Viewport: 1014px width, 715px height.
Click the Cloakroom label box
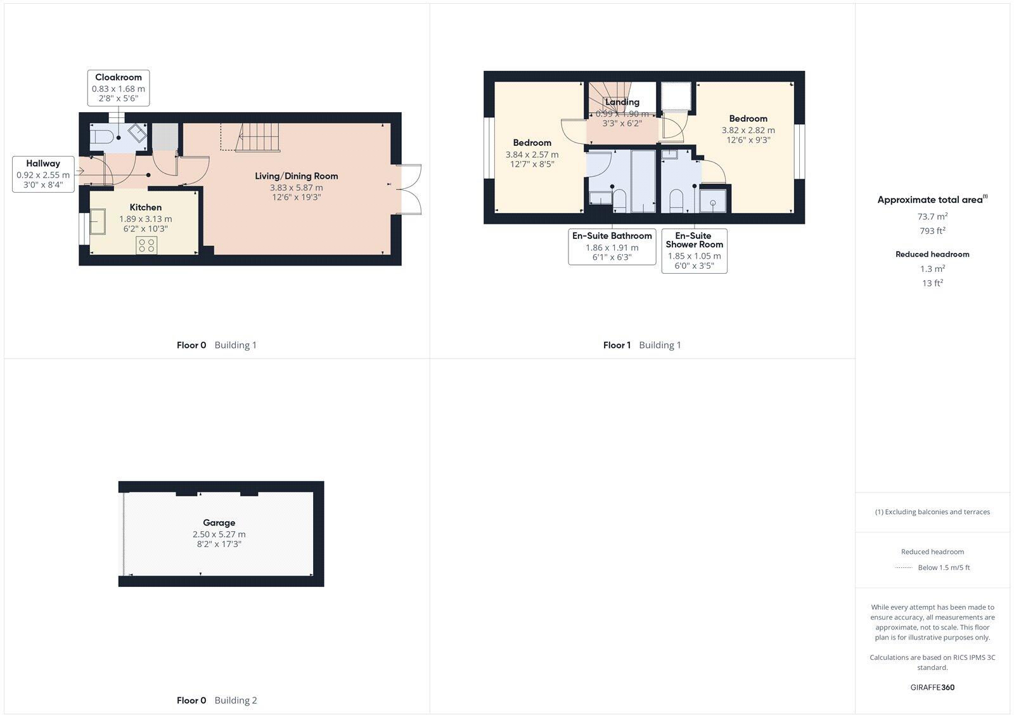click(119, 88)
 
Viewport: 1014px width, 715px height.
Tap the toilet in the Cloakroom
click(103, 136)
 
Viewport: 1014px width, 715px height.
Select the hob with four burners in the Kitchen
click(146, 245)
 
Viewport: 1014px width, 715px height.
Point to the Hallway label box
click(43, 174)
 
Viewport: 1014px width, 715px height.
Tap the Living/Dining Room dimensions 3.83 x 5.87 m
click(296, 188)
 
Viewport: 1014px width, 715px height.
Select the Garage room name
click(219, 523)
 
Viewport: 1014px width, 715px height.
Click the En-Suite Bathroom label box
click(612, 246)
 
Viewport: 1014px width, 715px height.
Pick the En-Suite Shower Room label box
click(694, 250)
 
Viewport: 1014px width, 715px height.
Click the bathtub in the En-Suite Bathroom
click(643, 181)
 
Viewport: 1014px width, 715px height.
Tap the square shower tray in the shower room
click(714, 202)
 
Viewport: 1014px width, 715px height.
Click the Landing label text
click(622, 102)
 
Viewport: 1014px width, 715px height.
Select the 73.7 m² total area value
click(932, 217)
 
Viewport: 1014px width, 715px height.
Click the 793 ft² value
click(932, 231)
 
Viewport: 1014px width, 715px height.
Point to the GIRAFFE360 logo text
click(932, 687)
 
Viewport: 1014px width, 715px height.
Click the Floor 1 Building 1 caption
click(642, 345)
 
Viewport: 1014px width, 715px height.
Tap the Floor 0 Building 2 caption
click(217, 700)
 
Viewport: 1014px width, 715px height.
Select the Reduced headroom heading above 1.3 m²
click(932, 254)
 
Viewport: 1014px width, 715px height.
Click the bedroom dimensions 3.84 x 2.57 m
click(532, 155)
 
